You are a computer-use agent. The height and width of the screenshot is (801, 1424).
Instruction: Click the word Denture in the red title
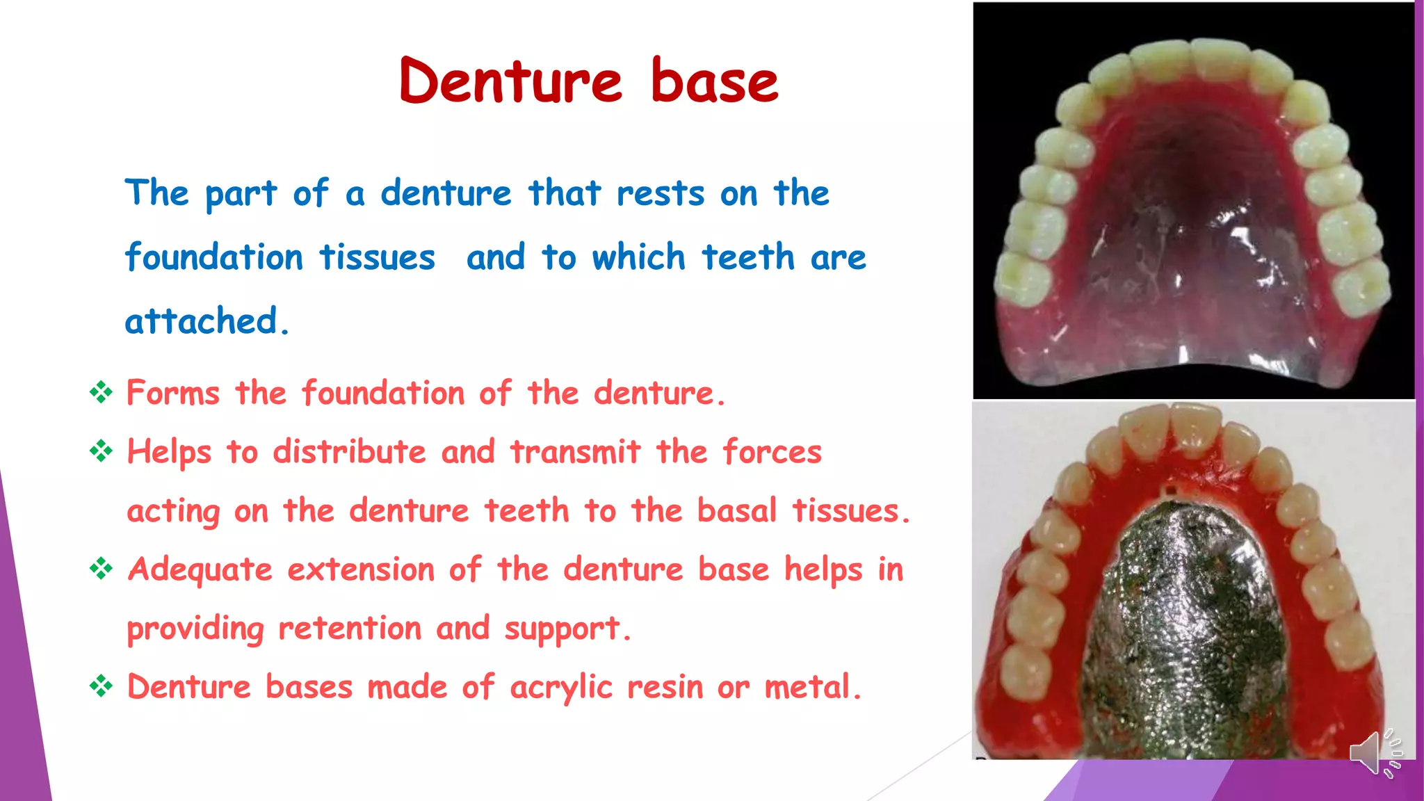coord(511,81)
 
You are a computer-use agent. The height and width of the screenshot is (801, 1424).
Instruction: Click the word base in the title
coord(714,81)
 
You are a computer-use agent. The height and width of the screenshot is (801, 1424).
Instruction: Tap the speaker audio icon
coord(1375,753)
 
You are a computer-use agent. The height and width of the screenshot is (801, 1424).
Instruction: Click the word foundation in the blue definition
coord(214,257)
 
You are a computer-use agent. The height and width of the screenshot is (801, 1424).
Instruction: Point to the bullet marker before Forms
coord(101,393)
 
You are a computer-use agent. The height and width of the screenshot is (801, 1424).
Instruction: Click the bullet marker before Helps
coord(101,452)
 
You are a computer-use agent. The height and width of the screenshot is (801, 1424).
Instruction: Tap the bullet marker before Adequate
coord(101,569)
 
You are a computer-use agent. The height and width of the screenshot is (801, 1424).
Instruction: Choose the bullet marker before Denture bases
coord(101,687)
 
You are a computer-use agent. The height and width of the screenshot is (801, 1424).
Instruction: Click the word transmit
coord(575,452)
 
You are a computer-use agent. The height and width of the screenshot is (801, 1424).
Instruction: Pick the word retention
coord(350,629)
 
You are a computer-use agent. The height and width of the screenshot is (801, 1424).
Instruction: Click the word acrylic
coord(561,688)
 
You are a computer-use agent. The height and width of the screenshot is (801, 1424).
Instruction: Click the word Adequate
coord(200,570)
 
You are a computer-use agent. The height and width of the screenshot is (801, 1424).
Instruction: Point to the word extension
coord(361,569)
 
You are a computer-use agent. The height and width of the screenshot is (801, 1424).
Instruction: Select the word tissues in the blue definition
coord(378,257)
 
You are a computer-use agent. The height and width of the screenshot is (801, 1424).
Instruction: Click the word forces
coord(772,452)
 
